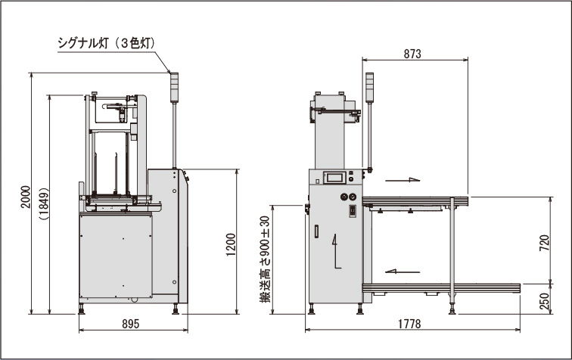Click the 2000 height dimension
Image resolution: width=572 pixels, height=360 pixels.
coord(26,197)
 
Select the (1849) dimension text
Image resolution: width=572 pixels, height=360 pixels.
coord(44,203)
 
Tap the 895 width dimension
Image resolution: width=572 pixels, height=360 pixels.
coord(131,324)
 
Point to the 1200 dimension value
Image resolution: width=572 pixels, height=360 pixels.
coord(231,244)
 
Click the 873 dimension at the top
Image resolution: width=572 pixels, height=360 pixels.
coord(412,54)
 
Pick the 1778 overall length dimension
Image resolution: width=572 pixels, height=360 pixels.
coord(409,324)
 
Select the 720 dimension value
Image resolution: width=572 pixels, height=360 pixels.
coord(544,243)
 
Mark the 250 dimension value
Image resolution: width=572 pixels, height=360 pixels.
coord(544,301)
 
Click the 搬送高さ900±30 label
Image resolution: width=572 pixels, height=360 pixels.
coord(265,259)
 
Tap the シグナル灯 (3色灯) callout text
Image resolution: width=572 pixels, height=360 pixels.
coord(107,43)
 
